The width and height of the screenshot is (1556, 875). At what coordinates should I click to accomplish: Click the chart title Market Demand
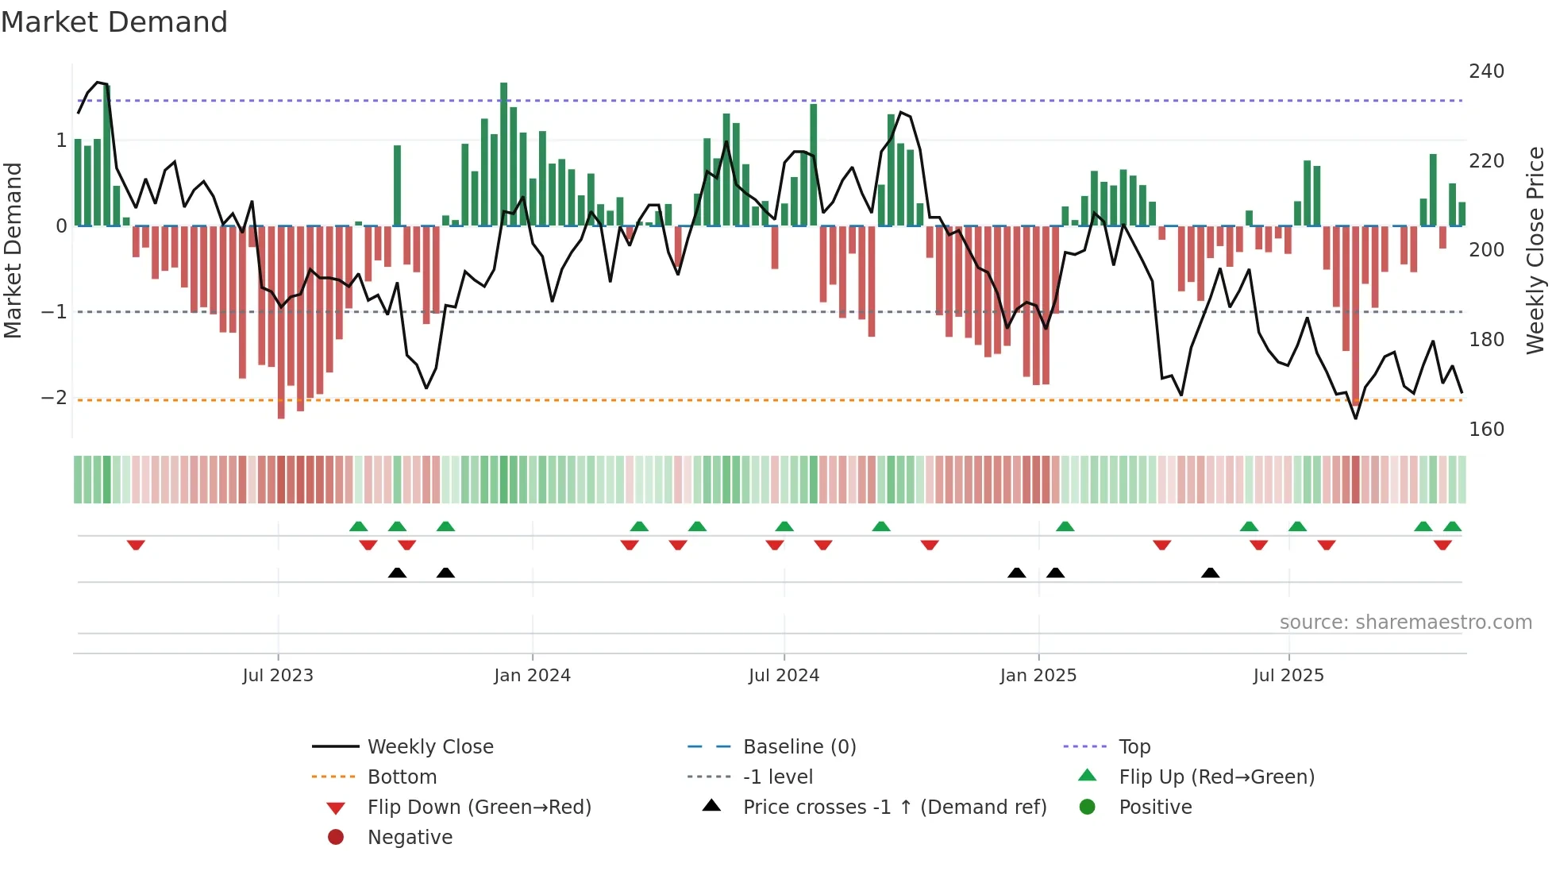pos(114,22)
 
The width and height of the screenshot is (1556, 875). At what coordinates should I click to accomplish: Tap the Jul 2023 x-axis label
pos(278,676)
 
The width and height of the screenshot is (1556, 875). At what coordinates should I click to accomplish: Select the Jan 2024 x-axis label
pos(532,676)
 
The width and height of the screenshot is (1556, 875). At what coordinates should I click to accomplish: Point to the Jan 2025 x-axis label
pos(1038,676)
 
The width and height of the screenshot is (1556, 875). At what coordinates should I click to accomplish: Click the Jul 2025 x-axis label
pos(1288,676)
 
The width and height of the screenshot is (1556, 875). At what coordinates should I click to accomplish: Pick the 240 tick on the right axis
pos(1486,71)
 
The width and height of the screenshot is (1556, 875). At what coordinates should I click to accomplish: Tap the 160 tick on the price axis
pos(1486,430)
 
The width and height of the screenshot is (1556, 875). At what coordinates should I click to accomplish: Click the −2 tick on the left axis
pos(54,398)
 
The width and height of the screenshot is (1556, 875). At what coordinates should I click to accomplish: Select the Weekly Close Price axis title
pos(1535,250)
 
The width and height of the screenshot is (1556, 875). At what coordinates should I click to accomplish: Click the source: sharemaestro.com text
pos(1405,623)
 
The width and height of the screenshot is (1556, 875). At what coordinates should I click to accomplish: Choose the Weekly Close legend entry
pos(429,747)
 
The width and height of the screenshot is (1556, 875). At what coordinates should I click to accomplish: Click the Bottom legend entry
pos(402,777)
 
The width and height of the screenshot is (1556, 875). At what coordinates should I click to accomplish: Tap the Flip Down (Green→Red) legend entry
pos(479,808)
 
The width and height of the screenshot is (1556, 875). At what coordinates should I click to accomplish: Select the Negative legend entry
pos(410,838)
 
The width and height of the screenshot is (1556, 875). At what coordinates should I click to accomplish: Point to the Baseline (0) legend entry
pos(799,747)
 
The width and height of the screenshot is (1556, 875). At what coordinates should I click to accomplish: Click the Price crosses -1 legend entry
pos(894,808)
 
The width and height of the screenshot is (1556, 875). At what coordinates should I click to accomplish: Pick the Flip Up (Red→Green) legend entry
pos(1216,777)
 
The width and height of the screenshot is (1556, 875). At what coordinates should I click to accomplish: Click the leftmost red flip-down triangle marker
pos(136,545)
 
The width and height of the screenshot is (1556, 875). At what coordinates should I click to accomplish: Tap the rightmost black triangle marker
pos(1210,572)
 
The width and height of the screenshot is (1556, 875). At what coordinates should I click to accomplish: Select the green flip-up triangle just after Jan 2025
pos(1065,526)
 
